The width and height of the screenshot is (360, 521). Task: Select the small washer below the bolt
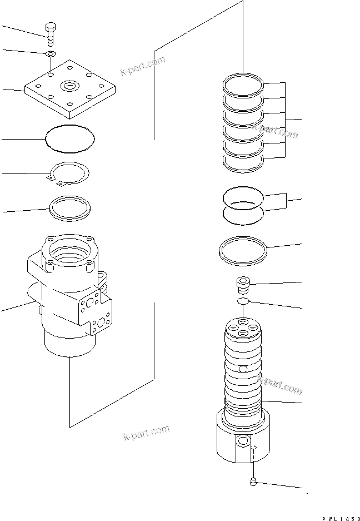[x=50, y=54]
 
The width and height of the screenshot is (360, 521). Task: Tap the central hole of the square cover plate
[x=70, y=86]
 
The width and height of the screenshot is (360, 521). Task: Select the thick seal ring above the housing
[x=69, y=207]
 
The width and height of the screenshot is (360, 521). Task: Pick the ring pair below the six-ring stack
[x=242, y=206]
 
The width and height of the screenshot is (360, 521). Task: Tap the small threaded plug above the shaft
[x=242, y=285]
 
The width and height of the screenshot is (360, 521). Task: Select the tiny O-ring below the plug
[x=242, y=301]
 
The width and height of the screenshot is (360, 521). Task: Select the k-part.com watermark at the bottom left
[x=147, y=433]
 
